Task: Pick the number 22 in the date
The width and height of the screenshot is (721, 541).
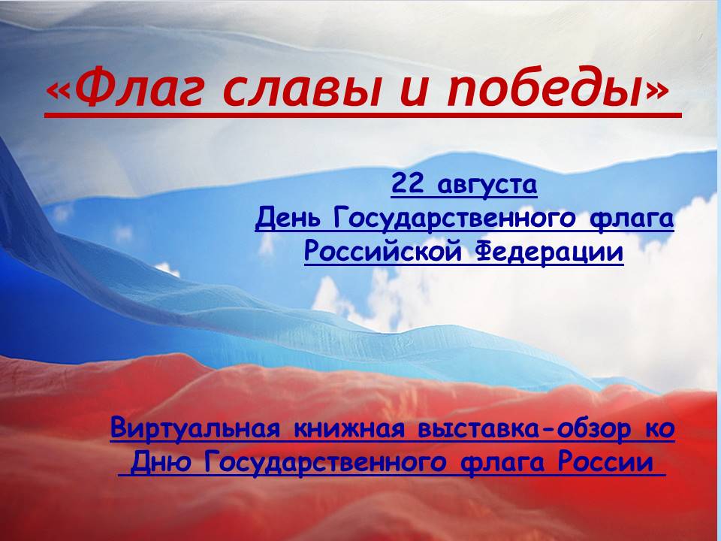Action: click(x=407, y=183)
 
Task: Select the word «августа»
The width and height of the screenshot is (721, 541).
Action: click(x=487, y=186)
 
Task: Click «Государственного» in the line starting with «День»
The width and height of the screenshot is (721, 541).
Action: click(x=454, y=218)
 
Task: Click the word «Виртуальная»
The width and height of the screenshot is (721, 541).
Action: click(x=195, y=428)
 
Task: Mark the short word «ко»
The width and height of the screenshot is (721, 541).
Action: click(x=660, y=429)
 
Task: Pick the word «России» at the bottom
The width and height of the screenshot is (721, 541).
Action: click(x=605, y=462)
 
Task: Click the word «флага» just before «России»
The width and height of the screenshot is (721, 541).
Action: click(x=502, y=463)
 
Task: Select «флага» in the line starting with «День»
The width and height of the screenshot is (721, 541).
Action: click(x=632, y=218)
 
